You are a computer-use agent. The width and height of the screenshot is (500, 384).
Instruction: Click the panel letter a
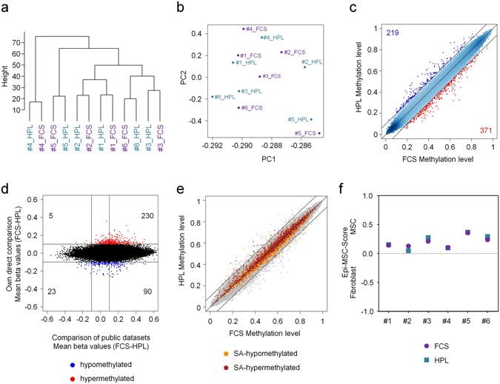coord(5,7)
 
